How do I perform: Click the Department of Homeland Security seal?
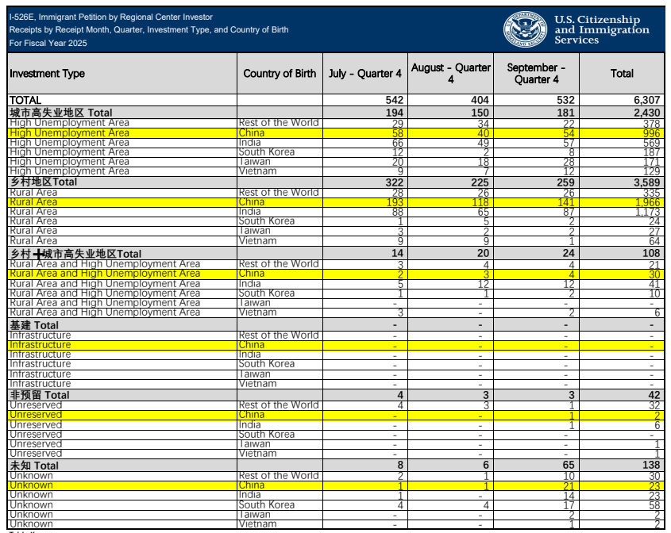pos(525,29)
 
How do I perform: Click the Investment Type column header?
pos(47,74)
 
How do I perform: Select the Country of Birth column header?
pos(280,74)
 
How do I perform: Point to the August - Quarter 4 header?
pos(450,74)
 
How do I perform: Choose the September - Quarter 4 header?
pos(536,74)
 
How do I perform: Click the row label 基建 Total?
pos(34,325)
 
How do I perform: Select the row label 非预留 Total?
pos(40,395)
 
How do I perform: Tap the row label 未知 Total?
pos(34,466)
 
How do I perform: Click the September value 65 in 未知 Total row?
pos(569,466)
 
